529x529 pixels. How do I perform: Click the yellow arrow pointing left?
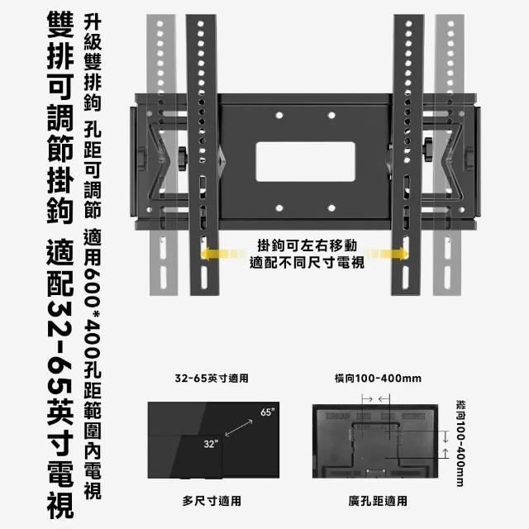tap(222, 254)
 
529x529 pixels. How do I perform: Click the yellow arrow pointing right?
tap(387, 254)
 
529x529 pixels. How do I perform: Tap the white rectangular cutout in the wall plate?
tap(306, 162)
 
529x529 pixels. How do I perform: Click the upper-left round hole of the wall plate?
tap(279, 116)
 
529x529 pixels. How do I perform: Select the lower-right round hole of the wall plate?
tap(331, 208)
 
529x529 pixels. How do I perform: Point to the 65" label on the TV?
tap(267, 412)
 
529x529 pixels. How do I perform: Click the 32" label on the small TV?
tap(211, 444)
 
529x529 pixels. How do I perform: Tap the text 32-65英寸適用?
tap(212, 379)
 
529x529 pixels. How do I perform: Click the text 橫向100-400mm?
tap(378, 379)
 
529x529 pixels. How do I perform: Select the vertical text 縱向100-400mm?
tap(460, 444)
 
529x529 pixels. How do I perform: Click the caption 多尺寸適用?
tap(212, 501)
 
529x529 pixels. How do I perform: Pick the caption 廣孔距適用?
tap(378, 501)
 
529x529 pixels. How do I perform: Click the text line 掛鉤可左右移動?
tap(307, 245)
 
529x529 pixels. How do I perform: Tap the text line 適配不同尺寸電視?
tap(307, 263)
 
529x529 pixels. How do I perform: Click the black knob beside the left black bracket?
tap(183, 158)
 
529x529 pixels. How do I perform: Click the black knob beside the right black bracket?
tap(428, 150)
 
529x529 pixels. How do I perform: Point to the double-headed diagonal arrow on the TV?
tap(239, 428)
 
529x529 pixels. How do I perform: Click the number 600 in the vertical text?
tap(93, 286)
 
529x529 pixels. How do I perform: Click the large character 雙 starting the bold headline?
tap(60, 24)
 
